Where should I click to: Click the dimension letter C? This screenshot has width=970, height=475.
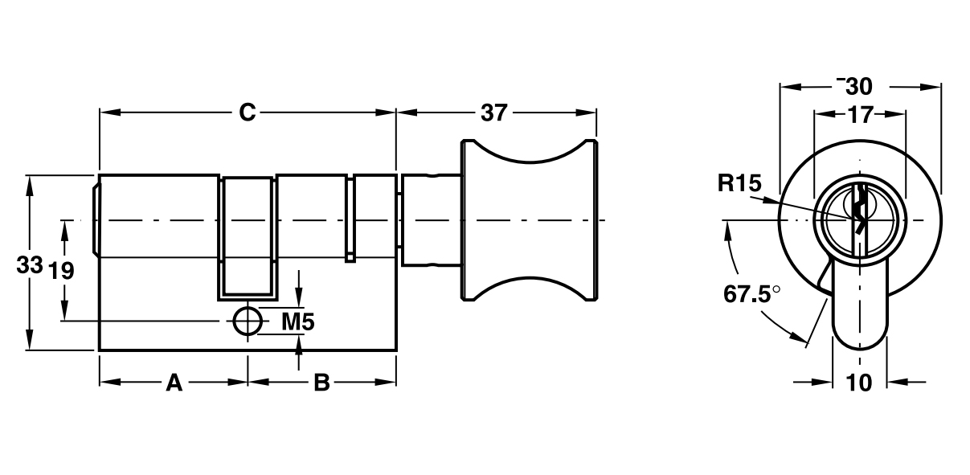pos(247,113)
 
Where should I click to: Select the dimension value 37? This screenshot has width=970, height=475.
pos(494,113)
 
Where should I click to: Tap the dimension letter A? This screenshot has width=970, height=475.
pos(174,383)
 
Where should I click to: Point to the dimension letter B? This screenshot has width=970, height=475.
pos(321,383)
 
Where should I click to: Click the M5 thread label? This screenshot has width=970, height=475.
pos(297,321)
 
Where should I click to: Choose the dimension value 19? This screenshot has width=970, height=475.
pos(61,270)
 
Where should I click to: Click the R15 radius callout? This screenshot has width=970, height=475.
pos(739,184)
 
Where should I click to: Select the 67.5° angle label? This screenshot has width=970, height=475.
pos(751,293)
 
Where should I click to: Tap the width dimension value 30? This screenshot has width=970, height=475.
pos(859,86)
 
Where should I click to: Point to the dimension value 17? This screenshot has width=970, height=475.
pos(859,115)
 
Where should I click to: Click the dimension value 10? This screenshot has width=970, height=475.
pos(859,383)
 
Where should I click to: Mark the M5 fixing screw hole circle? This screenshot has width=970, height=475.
pos(248,321)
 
